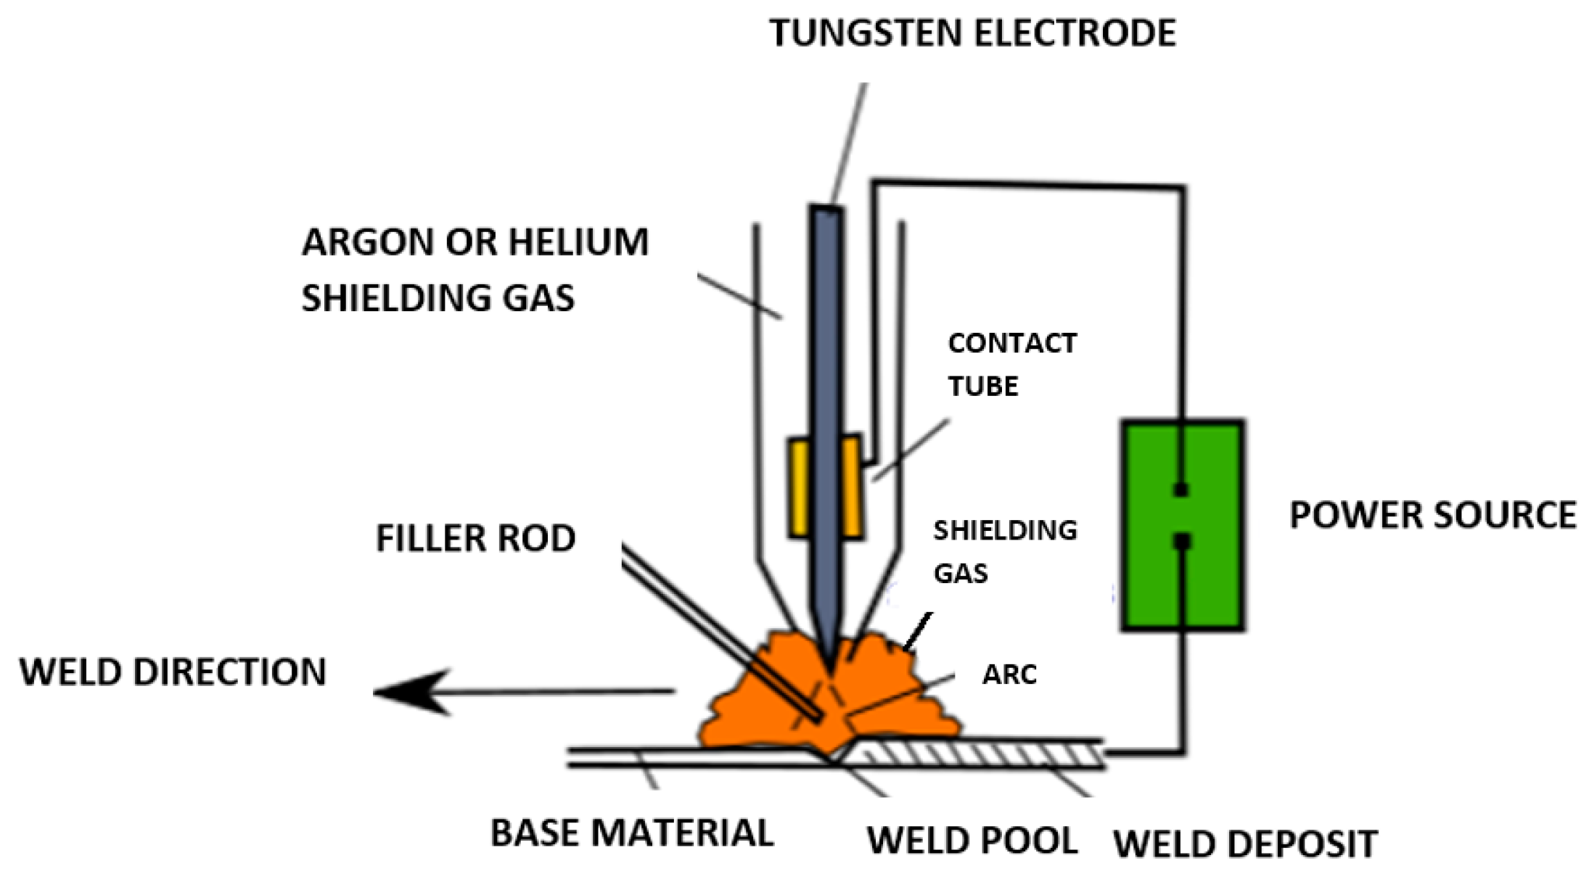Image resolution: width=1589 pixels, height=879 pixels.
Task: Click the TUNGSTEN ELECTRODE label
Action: (972, 33)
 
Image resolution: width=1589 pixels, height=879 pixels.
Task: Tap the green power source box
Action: (1183, 525)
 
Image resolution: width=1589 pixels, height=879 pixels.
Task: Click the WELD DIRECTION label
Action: (173, 672)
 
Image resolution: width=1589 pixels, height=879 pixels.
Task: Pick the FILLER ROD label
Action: (475, 539)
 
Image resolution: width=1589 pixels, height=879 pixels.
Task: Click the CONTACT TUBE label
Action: (1012, 364)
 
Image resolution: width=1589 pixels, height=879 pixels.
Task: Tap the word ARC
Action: (1009, 674)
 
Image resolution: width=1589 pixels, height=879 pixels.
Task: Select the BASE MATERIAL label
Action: (632, 833)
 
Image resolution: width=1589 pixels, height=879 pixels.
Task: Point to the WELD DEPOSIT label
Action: (1245, 844)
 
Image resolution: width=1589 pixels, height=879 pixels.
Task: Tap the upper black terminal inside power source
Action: (1181, 490)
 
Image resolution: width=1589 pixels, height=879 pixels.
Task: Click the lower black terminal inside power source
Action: (1182, 541)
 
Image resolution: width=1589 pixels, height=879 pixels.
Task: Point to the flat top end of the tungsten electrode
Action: (827, 209)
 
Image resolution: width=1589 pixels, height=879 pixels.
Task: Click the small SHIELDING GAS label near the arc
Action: (1005, 552)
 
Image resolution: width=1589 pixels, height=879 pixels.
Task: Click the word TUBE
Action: (983, 386)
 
